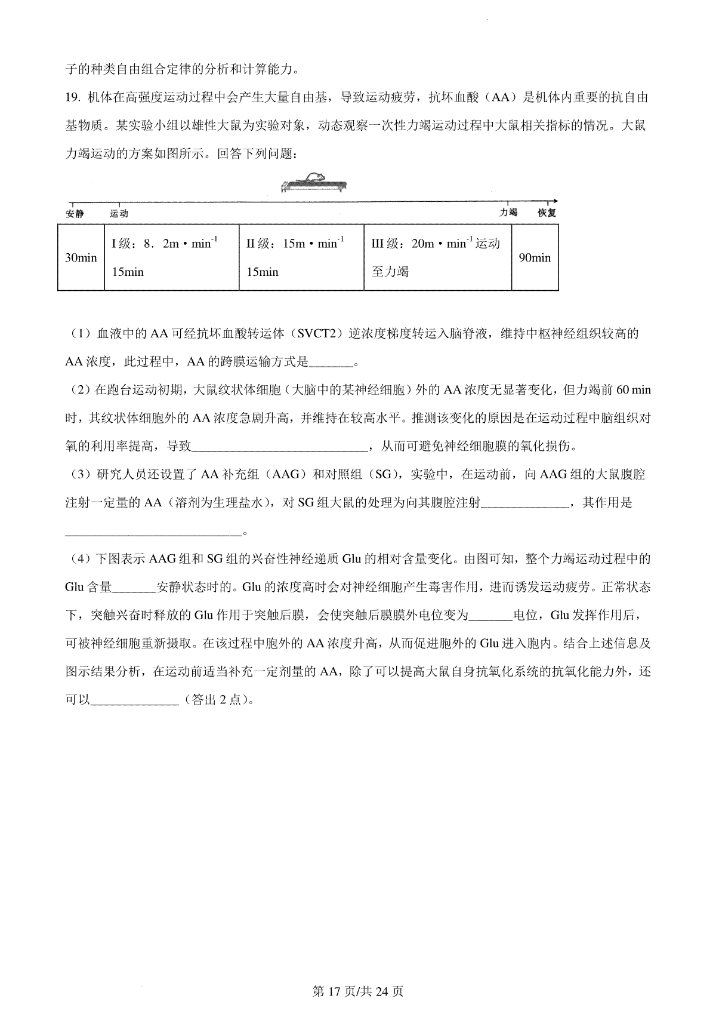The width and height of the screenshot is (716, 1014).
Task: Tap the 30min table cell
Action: click(81, 258)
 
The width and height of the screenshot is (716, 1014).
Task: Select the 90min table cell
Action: click(535, 258)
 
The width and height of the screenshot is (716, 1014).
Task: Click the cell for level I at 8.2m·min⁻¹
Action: click(172, 258)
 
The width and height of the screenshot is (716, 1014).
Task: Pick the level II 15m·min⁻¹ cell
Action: click(301, 258)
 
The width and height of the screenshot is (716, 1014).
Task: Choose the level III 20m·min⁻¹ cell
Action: click(437, 258)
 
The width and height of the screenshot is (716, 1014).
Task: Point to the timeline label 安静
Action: click(75, 214)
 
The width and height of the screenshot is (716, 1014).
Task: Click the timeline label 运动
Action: click(119, 214)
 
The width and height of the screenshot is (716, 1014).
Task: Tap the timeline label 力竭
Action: click(508, 213)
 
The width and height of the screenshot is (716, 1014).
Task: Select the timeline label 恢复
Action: click(547, 213)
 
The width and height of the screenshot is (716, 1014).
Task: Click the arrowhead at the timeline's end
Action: click(555, 201)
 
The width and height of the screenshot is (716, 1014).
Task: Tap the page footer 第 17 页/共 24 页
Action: click(358, 991)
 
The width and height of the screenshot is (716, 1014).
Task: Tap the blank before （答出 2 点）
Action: click(134, 700)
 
